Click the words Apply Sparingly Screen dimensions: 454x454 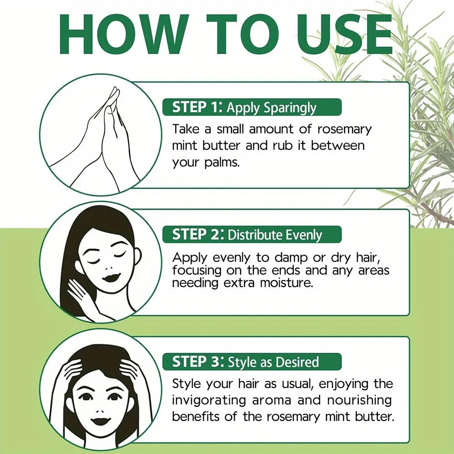coord(271,108)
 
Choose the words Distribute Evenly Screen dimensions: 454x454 coord(275,235)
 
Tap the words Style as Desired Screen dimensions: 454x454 coord(273,362)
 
